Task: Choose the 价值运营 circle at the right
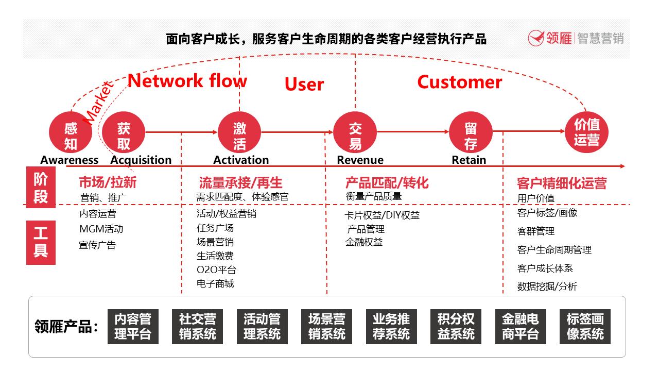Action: (x=586, y=132)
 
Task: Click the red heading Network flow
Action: (x=187, y=81)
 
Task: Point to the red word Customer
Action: (x=459, y=82)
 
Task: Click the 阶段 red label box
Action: (x=41, y=188)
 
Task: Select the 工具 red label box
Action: (x=41, y=242)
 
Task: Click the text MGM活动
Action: (x=101, y=229)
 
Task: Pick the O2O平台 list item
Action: (x=216, y=269)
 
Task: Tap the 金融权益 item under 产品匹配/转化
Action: (x=364, y=242)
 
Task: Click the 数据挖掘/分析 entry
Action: (x=547, y=286)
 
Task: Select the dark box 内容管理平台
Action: (x=133, y=326)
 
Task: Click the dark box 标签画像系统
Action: (x=585, y=326)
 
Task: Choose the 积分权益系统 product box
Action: (x=456, y=326)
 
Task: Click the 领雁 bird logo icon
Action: (x=536, y=38)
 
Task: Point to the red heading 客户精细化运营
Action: (x=561, y=183)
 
